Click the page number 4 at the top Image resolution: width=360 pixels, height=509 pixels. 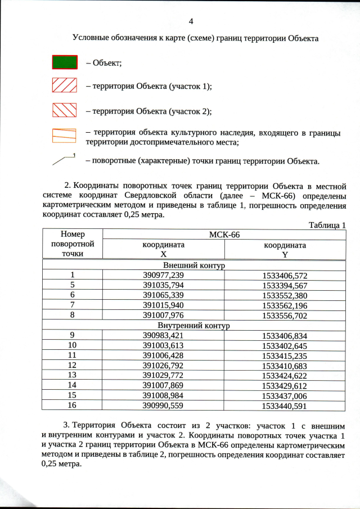coord(191,22)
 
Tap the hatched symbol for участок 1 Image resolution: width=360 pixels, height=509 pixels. coord(64,85)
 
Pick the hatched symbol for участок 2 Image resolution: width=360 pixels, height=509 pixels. coord(64,110)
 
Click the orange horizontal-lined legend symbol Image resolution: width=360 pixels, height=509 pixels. coord(64,135)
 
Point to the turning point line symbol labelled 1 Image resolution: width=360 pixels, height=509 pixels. coord(64,160)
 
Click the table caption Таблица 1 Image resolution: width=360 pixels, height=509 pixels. coord(327,225)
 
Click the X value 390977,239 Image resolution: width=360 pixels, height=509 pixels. coord(163,275)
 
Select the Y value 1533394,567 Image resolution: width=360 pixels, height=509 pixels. coord(285,285)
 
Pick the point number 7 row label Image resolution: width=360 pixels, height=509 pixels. coord(73,305)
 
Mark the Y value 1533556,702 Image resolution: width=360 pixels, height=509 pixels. coord(285,315)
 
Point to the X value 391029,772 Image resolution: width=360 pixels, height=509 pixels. coord(163,375)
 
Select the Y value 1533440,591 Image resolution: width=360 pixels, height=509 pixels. coord(285,406)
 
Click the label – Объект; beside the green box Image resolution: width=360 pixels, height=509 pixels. coord(104,62)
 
